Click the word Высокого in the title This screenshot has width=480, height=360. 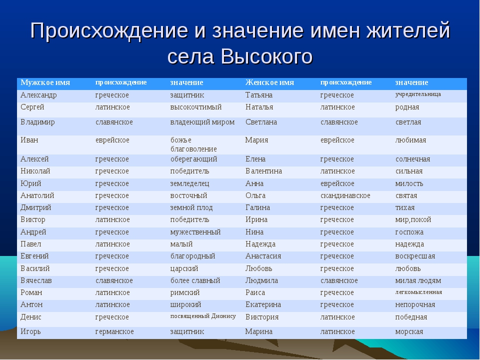(x=266, y=56)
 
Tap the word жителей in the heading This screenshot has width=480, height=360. (x=408, y=30)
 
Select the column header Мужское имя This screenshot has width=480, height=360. (x=45, y=82)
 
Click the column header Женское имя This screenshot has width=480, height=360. (x=269, y=82)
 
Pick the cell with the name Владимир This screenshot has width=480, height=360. (x=37, y=122)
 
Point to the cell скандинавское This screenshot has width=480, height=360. (x=345, y=195)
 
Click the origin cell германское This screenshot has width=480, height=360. (x=114, y=332)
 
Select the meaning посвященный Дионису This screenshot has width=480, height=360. (x=203, y=316)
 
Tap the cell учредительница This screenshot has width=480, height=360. (x=418, y=94)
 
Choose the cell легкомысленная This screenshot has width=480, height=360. (x=418, y=292)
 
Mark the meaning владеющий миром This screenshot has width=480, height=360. (x=202, y=122)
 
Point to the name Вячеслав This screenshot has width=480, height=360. (x=36, y=280)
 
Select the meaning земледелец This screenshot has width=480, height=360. (x=190, y=183)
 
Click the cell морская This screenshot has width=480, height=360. (x=409, y=332)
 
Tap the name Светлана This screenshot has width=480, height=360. (x=261, y=122)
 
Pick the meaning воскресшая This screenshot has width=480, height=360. (x=415, y=256)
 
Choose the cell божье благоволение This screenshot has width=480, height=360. (x=193, y=144)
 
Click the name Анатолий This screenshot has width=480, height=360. (x=37, y=195)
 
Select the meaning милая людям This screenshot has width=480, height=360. (x=418, y=280)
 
